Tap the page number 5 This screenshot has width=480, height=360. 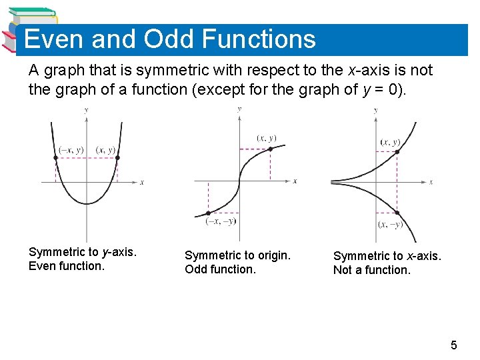[x=454, y=345]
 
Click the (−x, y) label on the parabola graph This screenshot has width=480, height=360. [x=71, y=150]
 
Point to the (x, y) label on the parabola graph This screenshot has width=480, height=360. [x=105, y=150]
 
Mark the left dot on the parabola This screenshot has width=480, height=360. [x=55, y=158]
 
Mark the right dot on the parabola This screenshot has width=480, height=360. [x=117, y=158]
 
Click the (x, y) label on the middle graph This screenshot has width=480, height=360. [x=267, y=138]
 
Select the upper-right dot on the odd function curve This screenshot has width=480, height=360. [x=270, y=149]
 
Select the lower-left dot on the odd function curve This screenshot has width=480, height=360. [x=208, y=213]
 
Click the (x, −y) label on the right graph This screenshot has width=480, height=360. [x=390, y=225]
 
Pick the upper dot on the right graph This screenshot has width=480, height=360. [x=397, y=152]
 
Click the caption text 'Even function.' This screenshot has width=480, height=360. [x=67, y=266]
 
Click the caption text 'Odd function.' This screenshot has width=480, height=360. [x=220, y=270]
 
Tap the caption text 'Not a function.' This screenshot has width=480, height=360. [x=371, y=270]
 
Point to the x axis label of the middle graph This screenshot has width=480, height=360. [x=295, y=181]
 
